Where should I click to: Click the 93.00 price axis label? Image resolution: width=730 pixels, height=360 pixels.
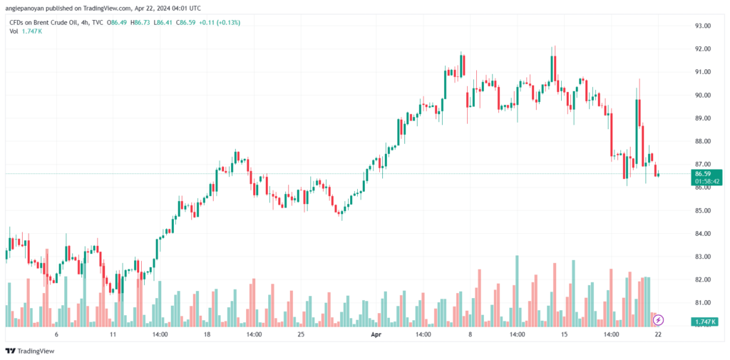701,26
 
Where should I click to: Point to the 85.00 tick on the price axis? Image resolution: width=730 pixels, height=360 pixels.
701,210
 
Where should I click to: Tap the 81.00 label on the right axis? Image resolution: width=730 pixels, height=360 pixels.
701,303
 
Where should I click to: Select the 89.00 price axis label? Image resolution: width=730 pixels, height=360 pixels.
701,118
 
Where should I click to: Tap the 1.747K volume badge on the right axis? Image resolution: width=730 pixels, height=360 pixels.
704,322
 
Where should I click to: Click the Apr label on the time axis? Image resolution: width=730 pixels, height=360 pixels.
376,334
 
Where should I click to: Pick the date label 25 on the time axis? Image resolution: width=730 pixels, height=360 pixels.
302,334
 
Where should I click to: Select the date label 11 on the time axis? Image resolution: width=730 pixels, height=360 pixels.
113,334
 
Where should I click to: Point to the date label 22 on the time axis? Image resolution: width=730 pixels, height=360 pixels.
658,334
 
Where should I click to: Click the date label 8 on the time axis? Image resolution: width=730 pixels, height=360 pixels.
471,334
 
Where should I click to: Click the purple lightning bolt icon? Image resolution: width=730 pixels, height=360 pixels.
658,320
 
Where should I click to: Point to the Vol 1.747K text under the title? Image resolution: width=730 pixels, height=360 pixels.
26,31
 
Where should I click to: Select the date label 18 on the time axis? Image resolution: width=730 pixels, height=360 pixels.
207,334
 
